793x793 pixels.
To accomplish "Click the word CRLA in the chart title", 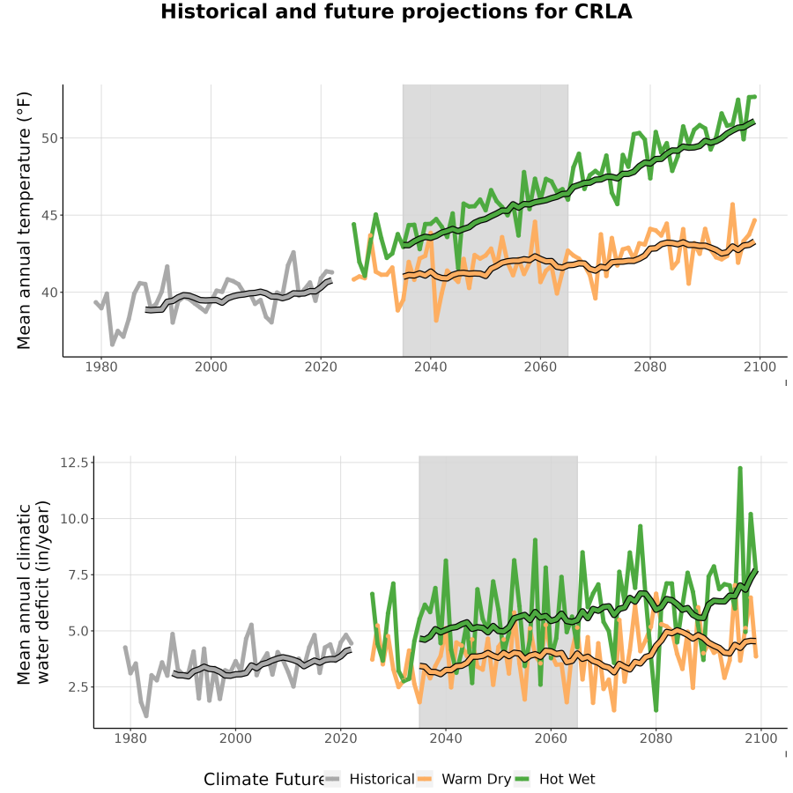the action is (x=603, y=11).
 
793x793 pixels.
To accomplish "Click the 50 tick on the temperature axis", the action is (x=50, y=138).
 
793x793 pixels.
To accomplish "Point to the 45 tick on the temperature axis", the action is (x=50, y=216).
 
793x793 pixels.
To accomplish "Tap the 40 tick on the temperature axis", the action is (x=50, y=293).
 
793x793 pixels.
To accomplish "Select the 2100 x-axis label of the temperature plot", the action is (x=760, y=367).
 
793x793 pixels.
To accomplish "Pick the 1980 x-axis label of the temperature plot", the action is (x=101, y=367).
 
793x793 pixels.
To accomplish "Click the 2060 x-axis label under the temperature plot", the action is (x=540, y=367).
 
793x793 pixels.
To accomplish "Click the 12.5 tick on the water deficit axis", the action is (x=74, y=463).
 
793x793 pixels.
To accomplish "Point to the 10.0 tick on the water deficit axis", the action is (x=74, y=519).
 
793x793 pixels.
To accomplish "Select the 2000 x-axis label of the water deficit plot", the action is (x=235, y=738).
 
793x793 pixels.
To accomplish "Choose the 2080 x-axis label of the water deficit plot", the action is (x=656, y=738).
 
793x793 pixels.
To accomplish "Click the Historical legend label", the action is (x=382, y=779).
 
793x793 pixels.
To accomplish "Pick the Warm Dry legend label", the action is (x=477, y=780).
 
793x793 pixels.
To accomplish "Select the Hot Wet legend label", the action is (x=567, y=779).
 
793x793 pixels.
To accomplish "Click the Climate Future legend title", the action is (x=264, y=780).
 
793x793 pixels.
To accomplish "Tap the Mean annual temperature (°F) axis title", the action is (x=24, y=220).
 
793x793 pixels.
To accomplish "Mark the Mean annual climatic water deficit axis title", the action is (x=33, y=592).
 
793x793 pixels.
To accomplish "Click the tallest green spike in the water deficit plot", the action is (x=740, y=469).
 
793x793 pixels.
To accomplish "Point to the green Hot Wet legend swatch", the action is (x=522, y=779).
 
